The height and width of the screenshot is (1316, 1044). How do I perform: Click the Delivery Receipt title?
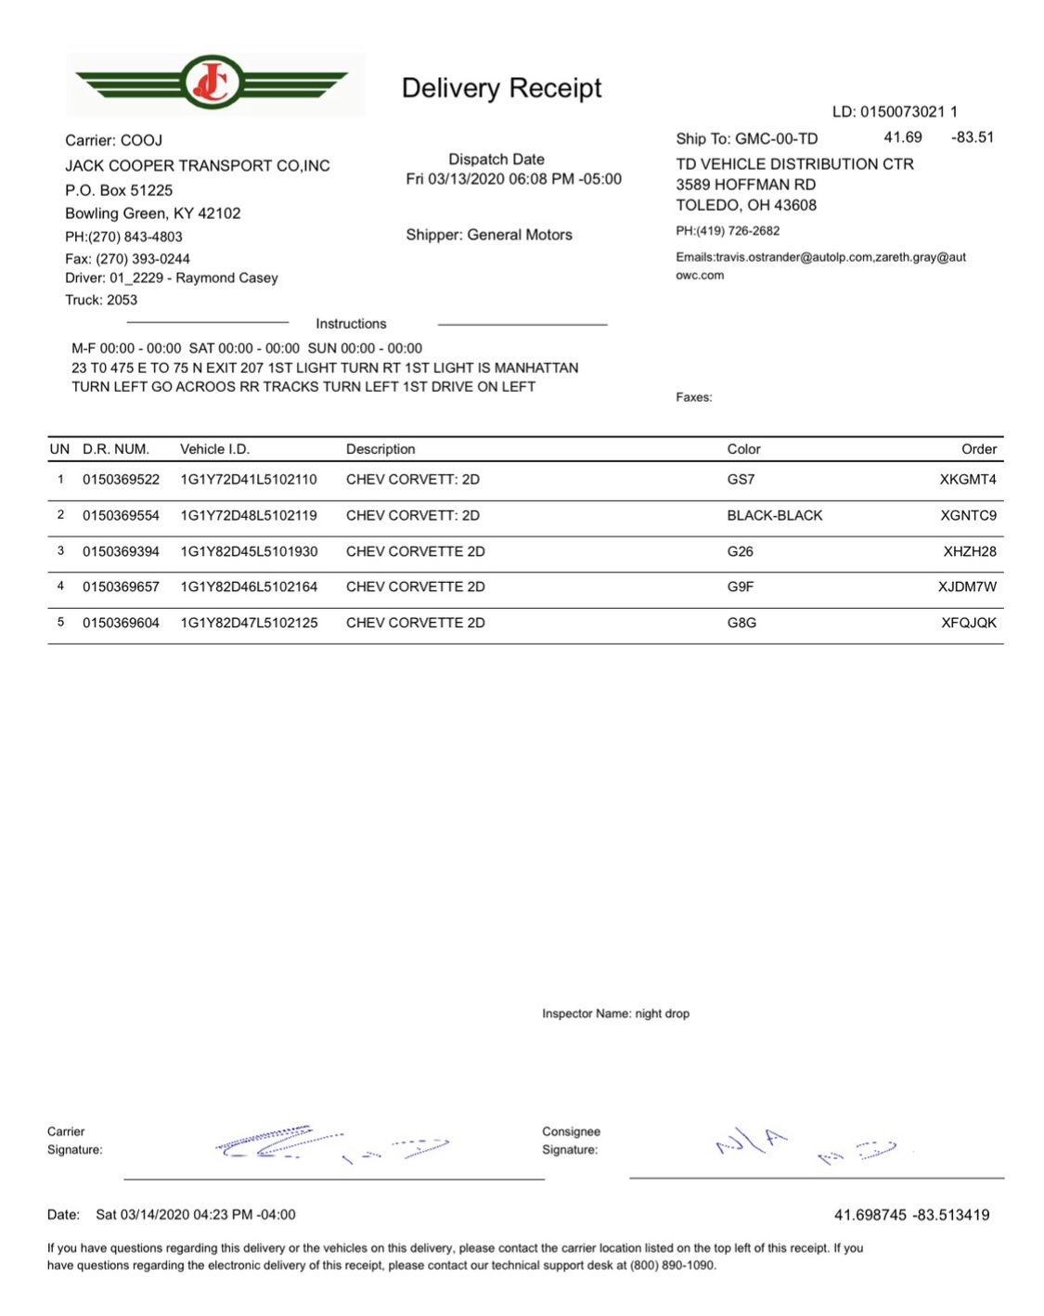pos(501,88)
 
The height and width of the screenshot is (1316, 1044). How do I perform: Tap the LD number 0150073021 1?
pos(895,112)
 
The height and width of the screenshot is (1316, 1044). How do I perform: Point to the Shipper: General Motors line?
pos(489,235)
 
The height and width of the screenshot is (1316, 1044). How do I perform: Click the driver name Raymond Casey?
pos(226,277)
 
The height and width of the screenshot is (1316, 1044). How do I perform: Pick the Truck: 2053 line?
pos(101,300)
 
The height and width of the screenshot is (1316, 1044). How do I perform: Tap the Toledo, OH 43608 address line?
pos(746,205)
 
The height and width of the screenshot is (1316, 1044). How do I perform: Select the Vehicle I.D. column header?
pos(214,449)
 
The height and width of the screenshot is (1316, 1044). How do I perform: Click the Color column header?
pos(743,449)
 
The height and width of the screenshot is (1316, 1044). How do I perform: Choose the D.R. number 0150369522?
pos(121,480)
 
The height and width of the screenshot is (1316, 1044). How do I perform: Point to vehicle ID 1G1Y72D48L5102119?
pos(249,515)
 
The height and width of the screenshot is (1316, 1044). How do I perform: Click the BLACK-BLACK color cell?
pos(775,515)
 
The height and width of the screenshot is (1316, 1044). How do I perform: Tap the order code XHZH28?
pos(970,551)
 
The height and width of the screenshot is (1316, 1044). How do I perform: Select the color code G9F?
pos(741,587)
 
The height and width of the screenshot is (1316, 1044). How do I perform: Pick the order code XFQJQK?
pos(969,623)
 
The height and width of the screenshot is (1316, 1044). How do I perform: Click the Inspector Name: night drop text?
pos(615,1013)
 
